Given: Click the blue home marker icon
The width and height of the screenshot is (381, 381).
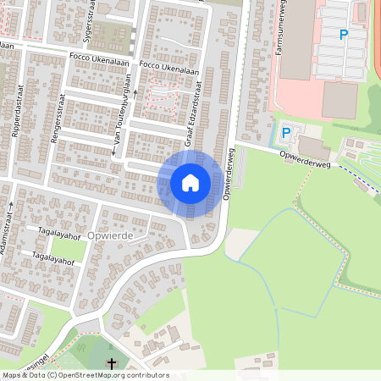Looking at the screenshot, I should coord(190,182).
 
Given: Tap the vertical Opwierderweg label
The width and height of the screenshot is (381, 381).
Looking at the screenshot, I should coord(228,175).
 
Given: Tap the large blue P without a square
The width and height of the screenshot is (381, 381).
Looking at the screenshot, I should coord(344,35).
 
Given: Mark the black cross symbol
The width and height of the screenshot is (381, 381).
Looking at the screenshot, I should coord(110,364).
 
